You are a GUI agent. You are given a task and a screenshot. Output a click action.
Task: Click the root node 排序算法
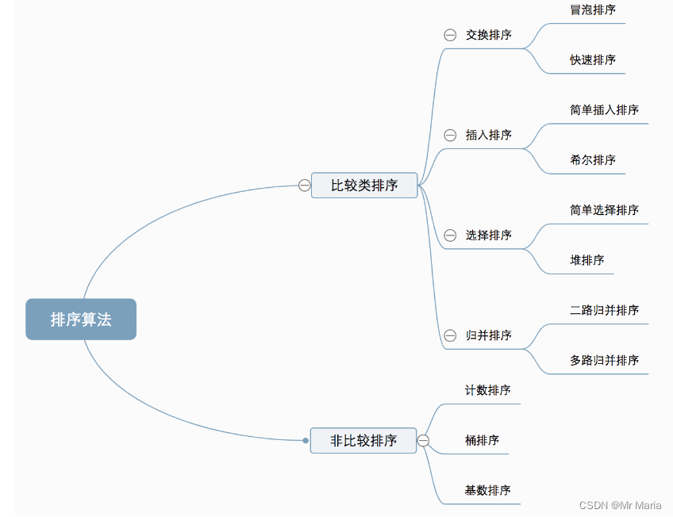click(81, 320)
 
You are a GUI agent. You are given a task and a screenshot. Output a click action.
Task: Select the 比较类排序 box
click(364, 186)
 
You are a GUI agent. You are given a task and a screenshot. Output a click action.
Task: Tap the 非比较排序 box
click(364, 440)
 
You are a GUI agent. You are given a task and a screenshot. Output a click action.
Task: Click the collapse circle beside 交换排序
click(450, 35)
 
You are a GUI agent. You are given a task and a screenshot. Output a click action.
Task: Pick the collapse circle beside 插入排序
click(450, 136)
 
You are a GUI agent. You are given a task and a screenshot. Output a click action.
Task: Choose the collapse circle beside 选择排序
click(450, 236)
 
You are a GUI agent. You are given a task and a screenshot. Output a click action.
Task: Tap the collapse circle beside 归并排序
click(450, 335)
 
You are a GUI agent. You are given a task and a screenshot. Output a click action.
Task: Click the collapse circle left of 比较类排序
click(305, 186)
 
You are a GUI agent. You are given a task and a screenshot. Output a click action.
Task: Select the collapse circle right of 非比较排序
click(423, 440)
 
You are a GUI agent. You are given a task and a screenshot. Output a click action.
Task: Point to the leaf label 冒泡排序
click(593, 10)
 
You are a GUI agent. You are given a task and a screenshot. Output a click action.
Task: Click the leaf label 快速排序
click(593, 60)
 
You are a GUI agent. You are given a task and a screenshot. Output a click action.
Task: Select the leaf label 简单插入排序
click(604, 110)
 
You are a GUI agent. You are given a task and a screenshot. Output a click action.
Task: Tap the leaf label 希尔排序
click(593, 160)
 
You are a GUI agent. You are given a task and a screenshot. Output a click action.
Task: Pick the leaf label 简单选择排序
click(604, 210)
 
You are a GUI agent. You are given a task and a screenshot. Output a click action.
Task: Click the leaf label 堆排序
click(587, 260)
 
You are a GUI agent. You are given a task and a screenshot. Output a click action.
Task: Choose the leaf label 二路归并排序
click(604, 310)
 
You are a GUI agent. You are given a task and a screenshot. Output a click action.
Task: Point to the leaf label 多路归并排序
click(604, 360)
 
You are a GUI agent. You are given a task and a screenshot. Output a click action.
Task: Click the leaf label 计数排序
click(487, 390)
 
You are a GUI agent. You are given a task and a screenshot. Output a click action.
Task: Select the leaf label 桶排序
click(482, 440)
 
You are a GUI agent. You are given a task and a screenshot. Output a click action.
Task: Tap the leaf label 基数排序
click(487, 490)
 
